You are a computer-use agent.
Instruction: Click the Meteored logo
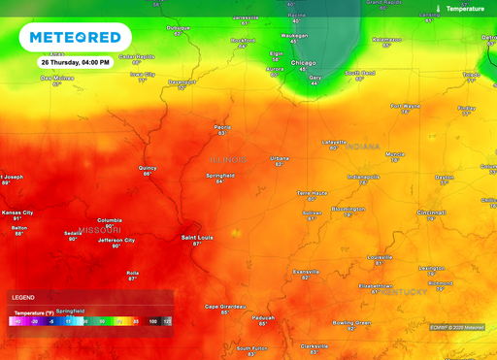(76, 37)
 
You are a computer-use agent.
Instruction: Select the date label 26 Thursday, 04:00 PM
(75, 61)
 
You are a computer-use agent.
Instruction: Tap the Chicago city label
(304, 63)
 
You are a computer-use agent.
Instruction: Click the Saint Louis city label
(197, 237)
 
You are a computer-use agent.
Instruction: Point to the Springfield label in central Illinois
(219, 175)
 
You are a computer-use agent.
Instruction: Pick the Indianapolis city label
(365, 177)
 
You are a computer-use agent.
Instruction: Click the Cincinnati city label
(431, 212)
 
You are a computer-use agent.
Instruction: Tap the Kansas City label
(17, 212)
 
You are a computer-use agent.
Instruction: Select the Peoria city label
(223, 126)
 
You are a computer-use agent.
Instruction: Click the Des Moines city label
(56, 78)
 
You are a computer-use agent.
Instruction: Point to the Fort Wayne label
(406, 105)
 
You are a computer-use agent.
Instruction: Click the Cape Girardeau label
(224, 307)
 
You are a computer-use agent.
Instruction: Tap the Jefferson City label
(116, 240)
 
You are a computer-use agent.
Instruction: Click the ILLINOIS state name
(230, 158)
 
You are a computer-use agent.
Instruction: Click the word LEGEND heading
(24, 297)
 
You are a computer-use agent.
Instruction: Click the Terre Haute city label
(312, 192)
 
